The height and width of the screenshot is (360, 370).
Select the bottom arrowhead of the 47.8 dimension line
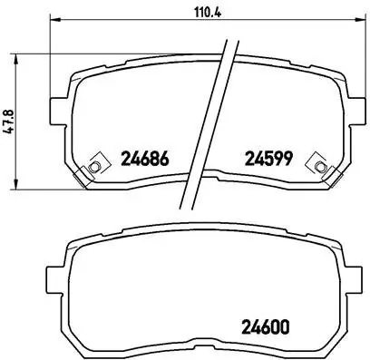[x=23, y=185]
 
